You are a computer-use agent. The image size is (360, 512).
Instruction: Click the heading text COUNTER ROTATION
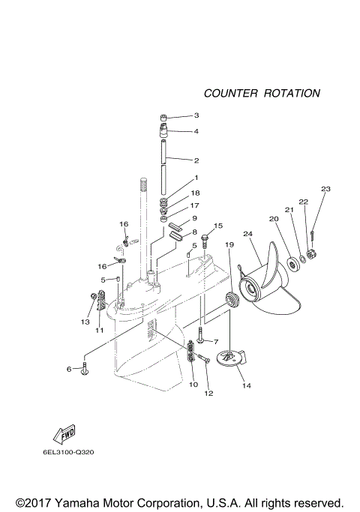point(262,94)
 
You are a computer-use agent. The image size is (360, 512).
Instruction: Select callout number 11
point(98,330)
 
